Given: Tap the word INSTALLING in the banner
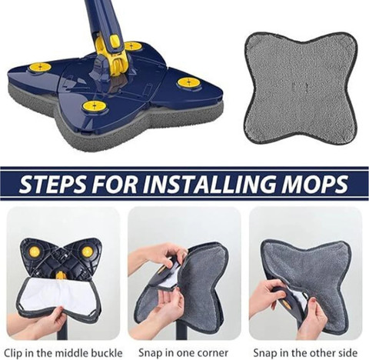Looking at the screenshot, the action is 208,184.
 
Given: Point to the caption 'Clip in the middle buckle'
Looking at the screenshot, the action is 63,353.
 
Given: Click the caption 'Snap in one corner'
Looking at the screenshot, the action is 184,353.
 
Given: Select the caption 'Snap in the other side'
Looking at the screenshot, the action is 305,353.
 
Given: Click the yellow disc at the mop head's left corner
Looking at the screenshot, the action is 40,68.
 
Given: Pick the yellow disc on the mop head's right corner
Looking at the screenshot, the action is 188,82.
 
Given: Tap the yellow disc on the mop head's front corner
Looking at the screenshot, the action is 95,105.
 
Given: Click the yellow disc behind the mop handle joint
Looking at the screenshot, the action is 132,46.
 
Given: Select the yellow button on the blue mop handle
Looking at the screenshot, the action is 114,39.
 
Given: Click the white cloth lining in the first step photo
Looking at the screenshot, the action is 55,294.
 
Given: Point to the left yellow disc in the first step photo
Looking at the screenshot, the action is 34,252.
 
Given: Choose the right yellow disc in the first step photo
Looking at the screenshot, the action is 87,252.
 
